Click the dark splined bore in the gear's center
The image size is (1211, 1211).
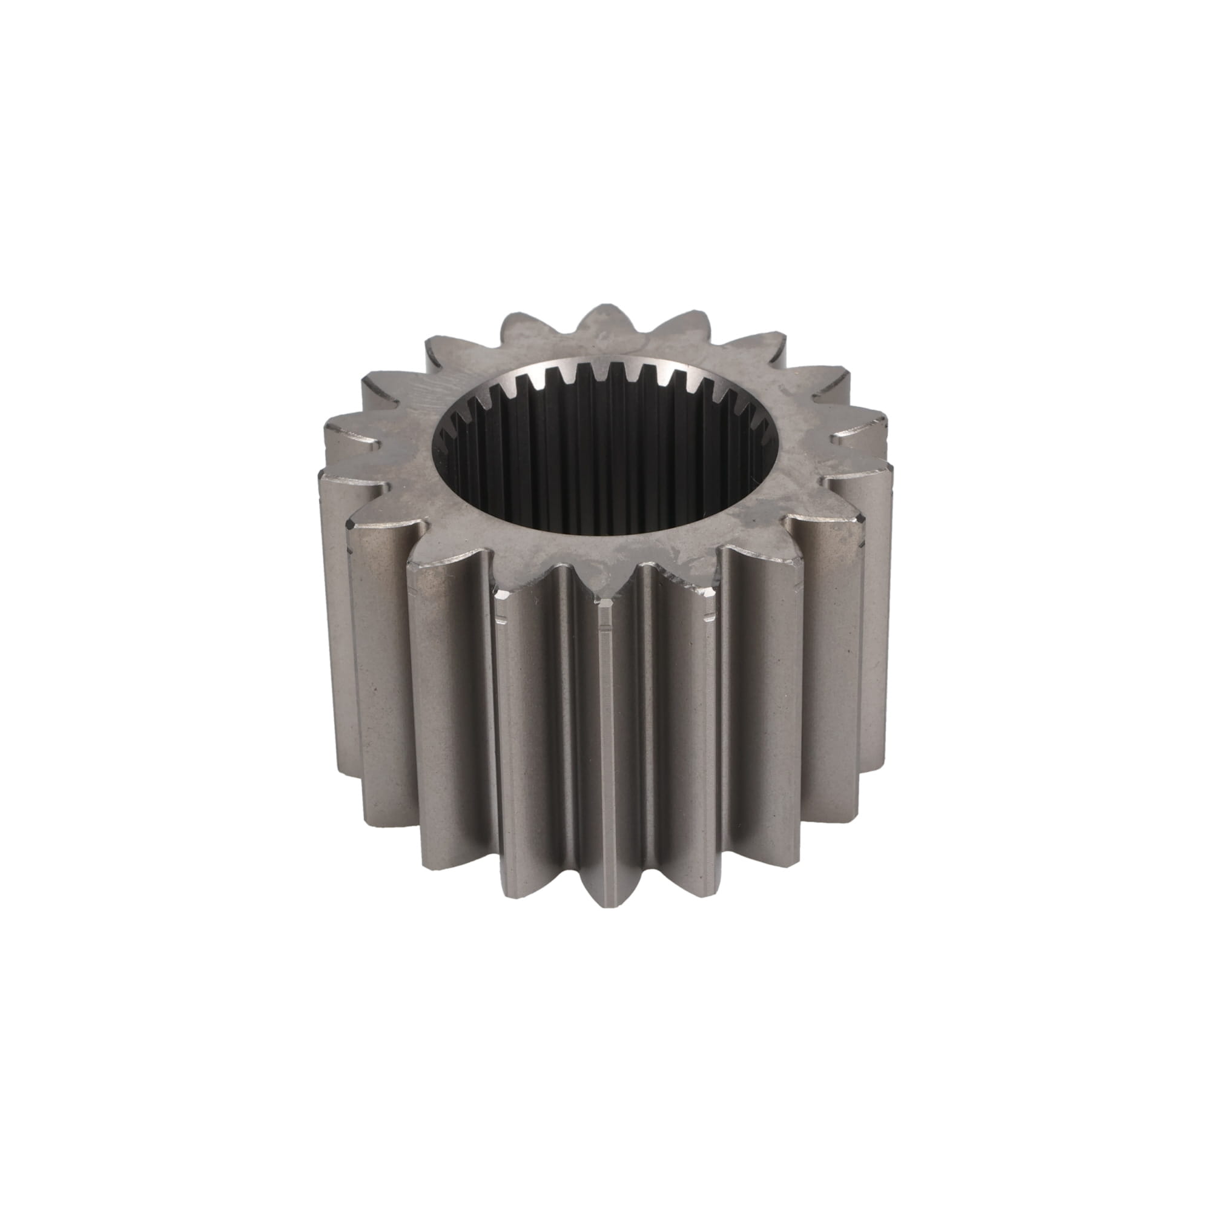[x=605, y=464]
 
